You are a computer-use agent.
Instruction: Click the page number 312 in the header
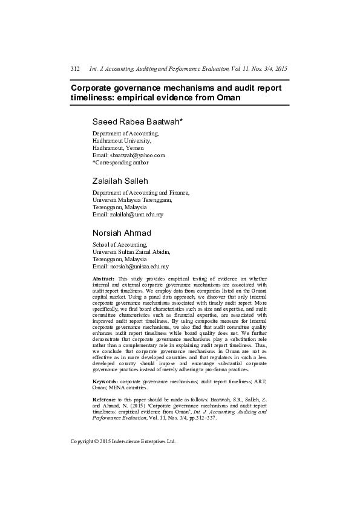point(75,70)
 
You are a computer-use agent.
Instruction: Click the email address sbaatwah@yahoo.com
point(128,155)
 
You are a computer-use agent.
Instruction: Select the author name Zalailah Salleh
point(120,181)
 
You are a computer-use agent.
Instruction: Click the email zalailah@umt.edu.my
point(128,214)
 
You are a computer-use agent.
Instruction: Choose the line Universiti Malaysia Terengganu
point(132,199)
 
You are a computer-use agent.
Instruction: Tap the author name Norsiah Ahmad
point(122,233)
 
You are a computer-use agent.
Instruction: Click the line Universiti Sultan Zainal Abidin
point(131,251)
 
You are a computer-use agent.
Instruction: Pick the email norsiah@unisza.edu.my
point(130,266)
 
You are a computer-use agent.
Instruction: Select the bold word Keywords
point(106,383)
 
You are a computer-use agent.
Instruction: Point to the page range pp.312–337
point(183,418)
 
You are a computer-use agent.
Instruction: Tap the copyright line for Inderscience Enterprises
point(123,441)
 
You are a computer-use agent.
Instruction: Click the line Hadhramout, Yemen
point(119,148)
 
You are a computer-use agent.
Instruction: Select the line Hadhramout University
point(122,140)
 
